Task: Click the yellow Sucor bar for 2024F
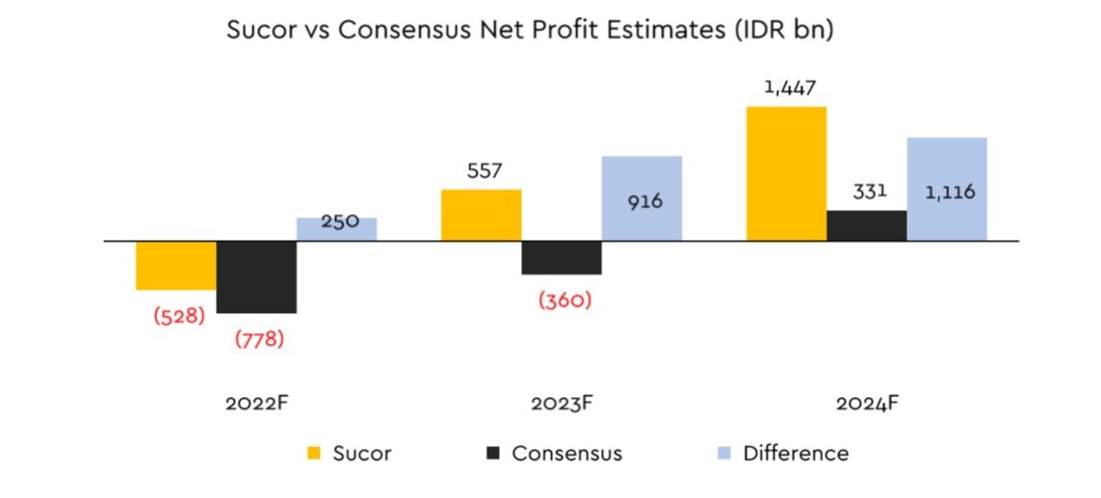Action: point(786,173)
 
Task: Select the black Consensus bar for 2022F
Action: point(256,277)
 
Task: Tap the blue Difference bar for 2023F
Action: point(642,198)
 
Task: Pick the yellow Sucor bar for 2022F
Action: point(176,266)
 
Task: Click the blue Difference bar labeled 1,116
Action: point(947,190)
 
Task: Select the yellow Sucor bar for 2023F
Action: point(482,215)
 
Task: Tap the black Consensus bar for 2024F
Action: point(867,226)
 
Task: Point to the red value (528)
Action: point(179,315)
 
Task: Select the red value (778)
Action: point(259,339)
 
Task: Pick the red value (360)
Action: point(564,301)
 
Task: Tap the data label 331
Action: point(869,192)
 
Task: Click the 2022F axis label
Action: point(257,404)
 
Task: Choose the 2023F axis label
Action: point(562,404)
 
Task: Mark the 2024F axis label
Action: point(867,404)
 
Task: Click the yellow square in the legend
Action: point(314,454)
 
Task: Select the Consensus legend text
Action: point(567,454)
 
